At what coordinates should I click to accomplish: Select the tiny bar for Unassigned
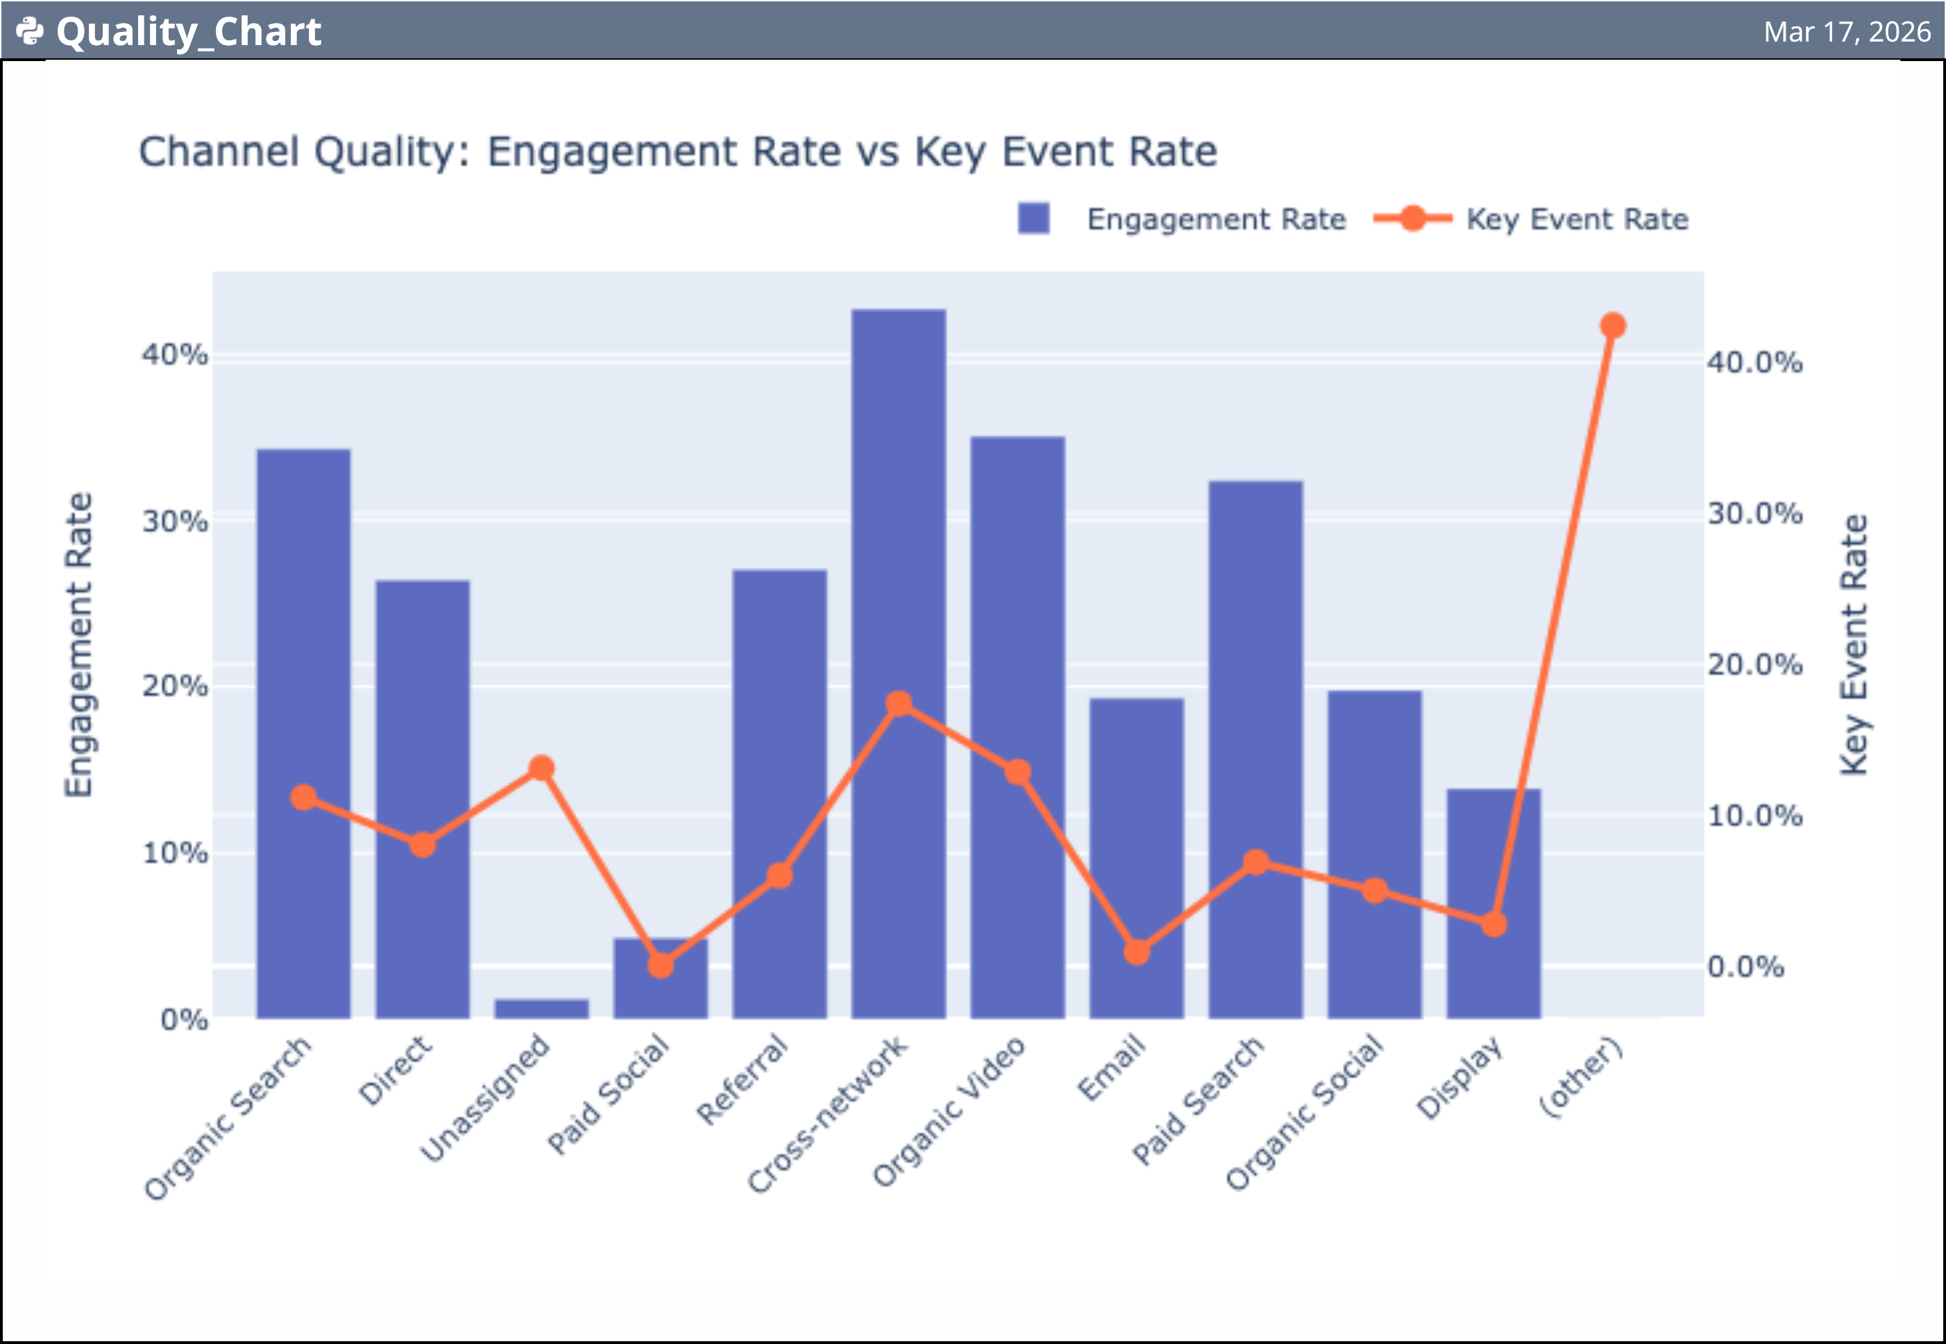[541, 1008]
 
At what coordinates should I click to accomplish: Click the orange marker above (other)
[1613, 325]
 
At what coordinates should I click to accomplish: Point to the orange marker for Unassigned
[541, 768]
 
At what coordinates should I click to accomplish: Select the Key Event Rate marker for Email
[1136, 952]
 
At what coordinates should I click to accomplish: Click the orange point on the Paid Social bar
[661, 965]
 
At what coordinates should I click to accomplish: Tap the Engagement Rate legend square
[1033, 218]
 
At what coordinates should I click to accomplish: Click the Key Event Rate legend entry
[1575, 219]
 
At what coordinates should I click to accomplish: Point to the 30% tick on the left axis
[174, 521]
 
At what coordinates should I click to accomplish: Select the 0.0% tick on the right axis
[1745, 967]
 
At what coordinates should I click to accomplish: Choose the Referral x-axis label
[743, 1080]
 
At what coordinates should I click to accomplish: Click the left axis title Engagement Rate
[78, 644]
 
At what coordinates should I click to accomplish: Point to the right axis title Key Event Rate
[1854, 644]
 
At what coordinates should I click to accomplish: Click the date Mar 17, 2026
[1847, 31]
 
